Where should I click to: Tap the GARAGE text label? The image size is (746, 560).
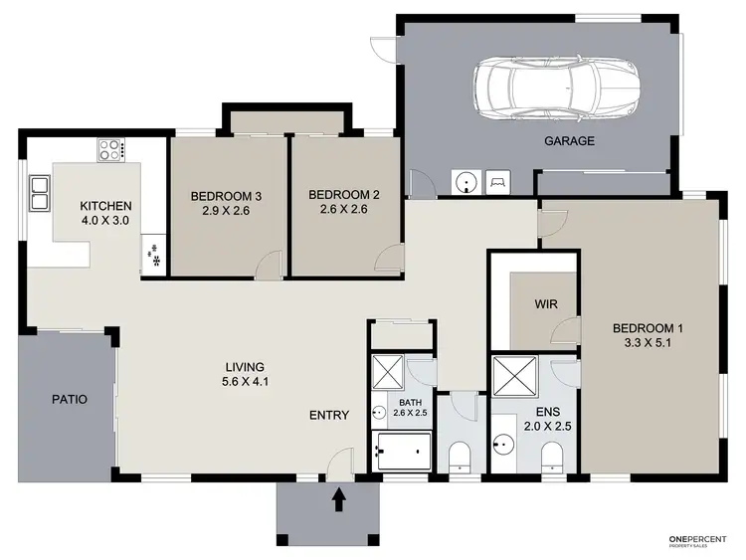[x=569, y=141]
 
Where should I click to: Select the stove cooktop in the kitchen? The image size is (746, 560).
[x=109, y=150]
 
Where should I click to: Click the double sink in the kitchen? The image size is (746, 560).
[x=41, y=193]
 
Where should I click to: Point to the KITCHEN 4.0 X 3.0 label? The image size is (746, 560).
[x=105, y=213]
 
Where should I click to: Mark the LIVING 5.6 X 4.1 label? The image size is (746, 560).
[x=244, y=373]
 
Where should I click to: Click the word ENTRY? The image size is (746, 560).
[x=329, y=415]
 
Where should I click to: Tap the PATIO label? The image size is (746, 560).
[x=69, y=399]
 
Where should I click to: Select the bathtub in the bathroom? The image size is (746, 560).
[x=402, y=452]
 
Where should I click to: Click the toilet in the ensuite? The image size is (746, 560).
[x=551, y=458]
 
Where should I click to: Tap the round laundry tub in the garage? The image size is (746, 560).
[x=466, y=183]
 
